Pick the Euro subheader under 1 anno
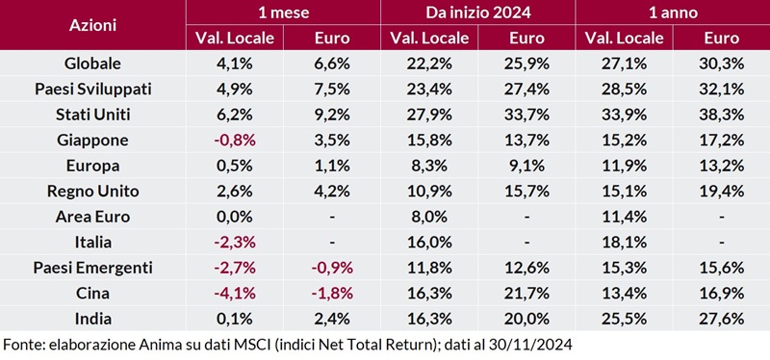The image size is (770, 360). pyautogui.click(x=721, y=39)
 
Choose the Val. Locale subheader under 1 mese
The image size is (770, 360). pyautogui.click(x=235, y=39)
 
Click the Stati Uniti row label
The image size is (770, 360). pyautogui.click(x=92, y=115)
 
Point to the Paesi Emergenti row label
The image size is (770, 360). pyautogui.click(x=92, y=267)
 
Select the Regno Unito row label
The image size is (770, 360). pyautogui.click(x=92, y=191)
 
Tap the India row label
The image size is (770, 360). pyautogui.click(x=92, y=318)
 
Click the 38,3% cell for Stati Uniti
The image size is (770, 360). pyautogui.click(x=721, y=115)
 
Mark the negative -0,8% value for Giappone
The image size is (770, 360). pyautogui.click(x=235, y=141)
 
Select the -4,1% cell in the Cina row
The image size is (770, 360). pyautogui.click(x=235, y=293)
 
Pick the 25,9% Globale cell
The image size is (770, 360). pyautogui.click(x=526, y=64)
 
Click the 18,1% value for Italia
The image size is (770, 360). pyautogui.click(x=623, y=242)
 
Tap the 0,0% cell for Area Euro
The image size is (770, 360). pyautogui.click(x=235, y=217)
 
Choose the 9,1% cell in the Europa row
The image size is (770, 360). pyautogui.click(x=526, y=166)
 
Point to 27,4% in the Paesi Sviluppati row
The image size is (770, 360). pyautogui.click(x=526, y=90)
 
